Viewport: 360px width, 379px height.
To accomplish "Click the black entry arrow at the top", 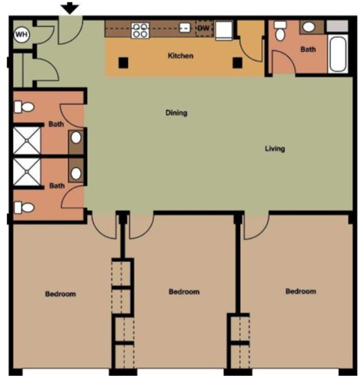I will pyautogui.click(x=70, y=8).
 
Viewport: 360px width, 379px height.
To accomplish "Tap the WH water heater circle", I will pyautogui.click(x=21, y=34).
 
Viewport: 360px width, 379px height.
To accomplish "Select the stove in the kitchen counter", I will pyautogui.click(x=139, y=30).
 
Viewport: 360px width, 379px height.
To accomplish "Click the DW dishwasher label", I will pyautogui.click(x=202, y=29).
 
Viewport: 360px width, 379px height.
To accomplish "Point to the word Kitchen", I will pyautogui.click(x=181, y=56).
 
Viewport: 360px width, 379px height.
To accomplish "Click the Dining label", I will pyautogui.click(x=176, y=113).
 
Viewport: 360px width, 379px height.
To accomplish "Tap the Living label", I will pyautogui.click(x=274, y=149).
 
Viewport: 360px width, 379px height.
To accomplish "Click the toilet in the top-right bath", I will pyautogui.click(x=280, y=31).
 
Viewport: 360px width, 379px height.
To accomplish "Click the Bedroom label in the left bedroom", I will pyautogui.click(x=61, y=294).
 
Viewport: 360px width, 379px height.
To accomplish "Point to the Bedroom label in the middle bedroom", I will pyautogui.click(x=184, y=291).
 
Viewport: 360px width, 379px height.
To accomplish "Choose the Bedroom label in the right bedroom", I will pyautogui.click(x=301, y=291).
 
